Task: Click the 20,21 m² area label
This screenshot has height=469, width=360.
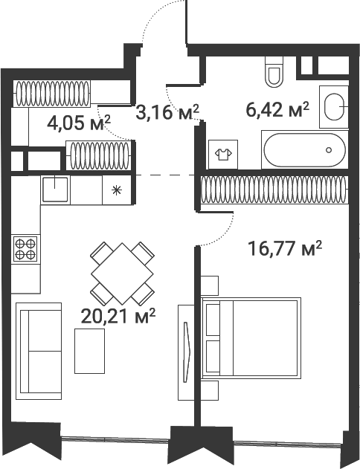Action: (x=118, y=317)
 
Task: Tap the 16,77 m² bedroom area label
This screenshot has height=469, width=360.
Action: (x=285, y=249)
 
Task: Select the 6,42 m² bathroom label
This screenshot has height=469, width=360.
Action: (x=277, y=109)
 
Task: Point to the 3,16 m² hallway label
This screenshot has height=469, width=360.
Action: (x=167, y=111)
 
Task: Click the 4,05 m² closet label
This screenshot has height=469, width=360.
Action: (x=79, y=123)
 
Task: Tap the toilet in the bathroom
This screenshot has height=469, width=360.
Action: (x=274, y=72)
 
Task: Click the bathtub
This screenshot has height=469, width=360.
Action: (x=305, y=149)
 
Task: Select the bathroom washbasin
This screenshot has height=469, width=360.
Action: (x=334, y=107)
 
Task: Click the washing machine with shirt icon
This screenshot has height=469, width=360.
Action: (x=223, y=155)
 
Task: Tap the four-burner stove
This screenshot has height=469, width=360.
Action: (x=25, y=249)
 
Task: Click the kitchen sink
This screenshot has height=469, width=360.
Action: (x=55, y=190)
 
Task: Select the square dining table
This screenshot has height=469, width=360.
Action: (x=123, y=274)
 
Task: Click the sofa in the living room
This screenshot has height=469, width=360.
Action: (x=39, y=351)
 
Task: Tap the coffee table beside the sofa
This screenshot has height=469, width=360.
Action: (x=90, y=351)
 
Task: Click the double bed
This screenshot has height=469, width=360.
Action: (x=251, y=338)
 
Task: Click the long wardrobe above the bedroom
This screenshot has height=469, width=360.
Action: (x=274, y=190)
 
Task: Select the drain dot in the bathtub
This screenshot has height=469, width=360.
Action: (x=329, y=150)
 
